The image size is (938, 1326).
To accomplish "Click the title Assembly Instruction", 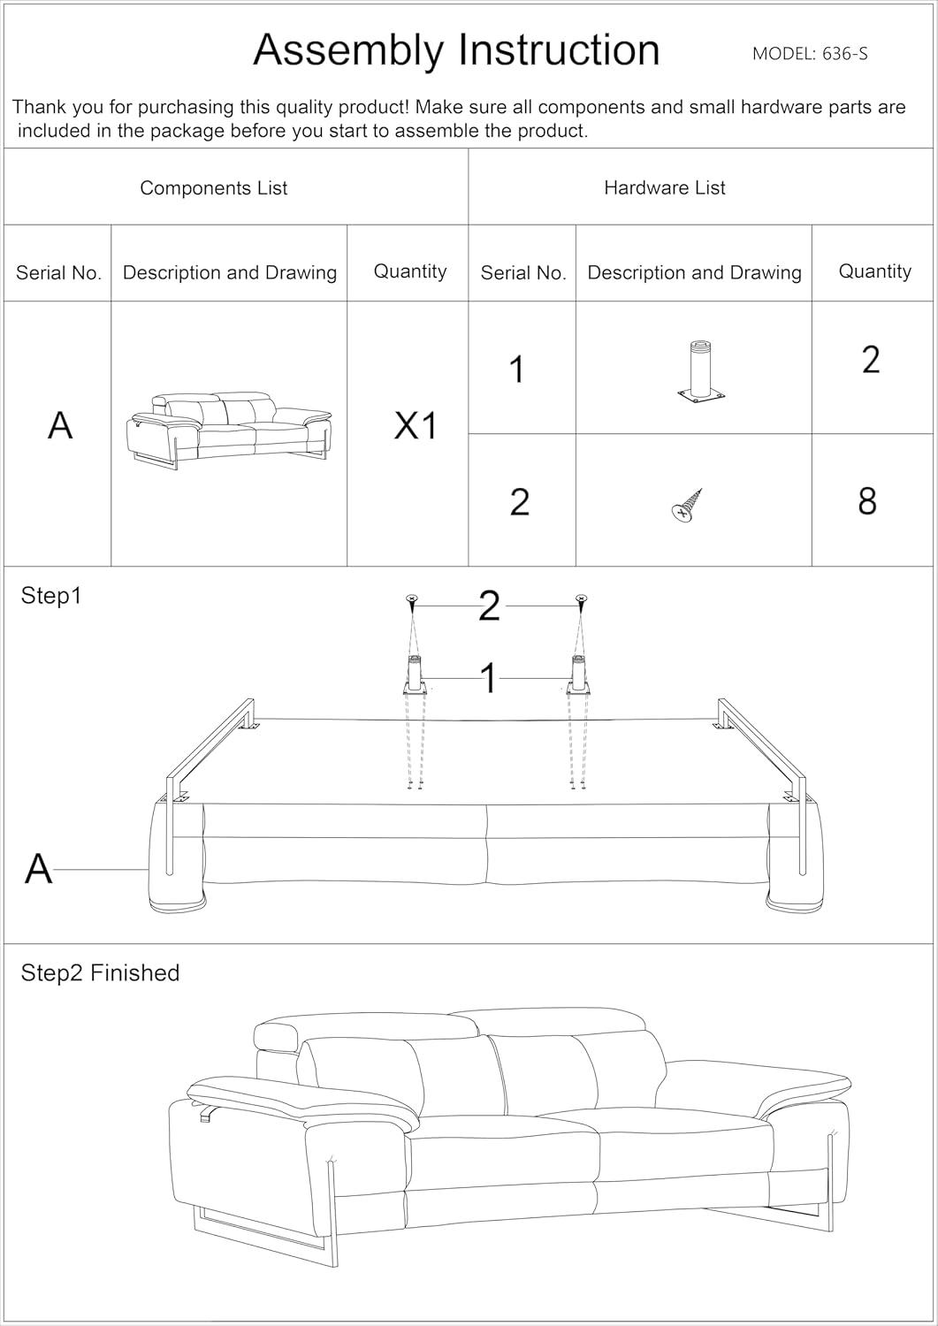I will tap(456, 50).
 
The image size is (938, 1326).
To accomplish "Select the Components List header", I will tap(213, 188).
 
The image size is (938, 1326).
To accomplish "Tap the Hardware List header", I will tap(664, 188).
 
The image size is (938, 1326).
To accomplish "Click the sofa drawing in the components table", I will tap(229, 428).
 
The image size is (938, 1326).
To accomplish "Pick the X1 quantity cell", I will tap(416, 427).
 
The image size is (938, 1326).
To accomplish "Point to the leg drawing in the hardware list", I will tap(698, 372).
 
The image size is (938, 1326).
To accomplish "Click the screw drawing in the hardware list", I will tap(687, 504).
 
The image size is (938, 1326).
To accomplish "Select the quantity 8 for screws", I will tap(867, 501).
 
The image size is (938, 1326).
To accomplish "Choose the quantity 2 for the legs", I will tap(871, 360).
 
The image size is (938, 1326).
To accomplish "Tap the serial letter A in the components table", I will tap(60, 425).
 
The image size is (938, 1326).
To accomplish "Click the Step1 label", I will tap(51, 596).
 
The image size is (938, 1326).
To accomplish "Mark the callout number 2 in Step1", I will tap(489, 606).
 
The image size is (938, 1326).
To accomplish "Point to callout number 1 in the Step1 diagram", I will tap(488, 679).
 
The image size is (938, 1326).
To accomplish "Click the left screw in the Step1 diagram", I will tap(411, 600).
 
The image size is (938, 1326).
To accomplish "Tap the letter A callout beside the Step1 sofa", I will tap(38, 869).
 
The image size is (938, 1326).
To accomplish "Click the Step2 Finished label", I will tap(100, 973).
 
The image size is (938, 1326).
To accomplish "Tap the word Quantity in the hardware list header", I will tap(874, 271).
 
